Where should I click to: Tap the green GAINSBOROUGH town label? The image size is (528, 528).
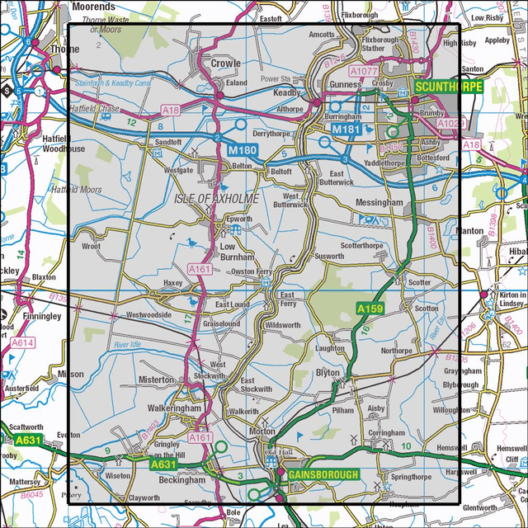[323, 474]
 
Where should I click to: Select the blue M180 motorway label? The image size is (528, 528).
[243, 149]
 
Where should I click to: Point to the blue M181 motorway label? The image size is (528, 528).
[346, 130]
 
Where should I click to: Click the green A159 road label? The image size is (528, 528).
[370, 308]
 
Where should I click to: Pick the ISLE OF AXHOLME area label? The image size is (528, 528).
[217, 199]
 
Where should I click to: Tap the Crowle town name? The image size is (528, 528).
[225, 63]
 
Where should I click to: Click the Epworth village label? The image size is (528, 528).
[239, 219]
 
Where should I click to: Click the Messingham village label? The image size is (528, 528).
[379, 202]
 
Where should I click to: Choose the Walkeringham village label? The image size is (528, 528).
[176, 407]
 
